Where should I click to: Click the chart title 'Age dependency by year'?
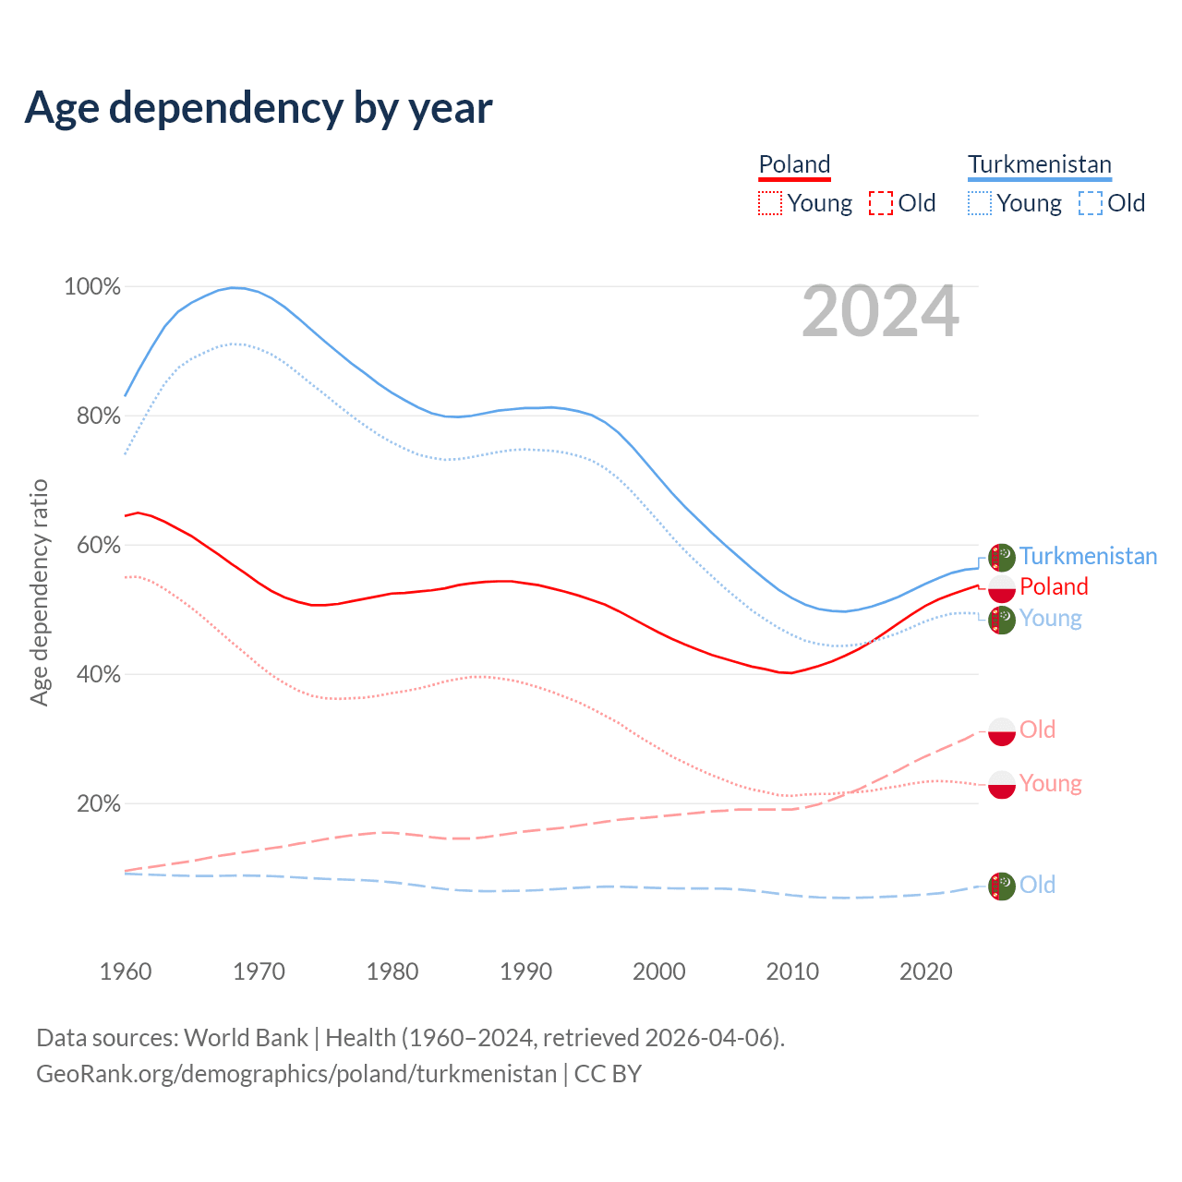pyautogui.click(x=259, y=107)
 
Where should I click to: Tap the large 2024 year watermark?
pyautogui.click(x=880, y=312)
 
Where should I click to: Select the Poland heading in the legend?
pyautogui.click(x=794, y=164)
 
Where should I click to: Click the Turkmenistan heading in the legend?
pyautogui.click(x=1039, y=164)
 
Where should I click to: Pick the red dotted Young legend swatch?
pyautogui.click(x=769, y=203)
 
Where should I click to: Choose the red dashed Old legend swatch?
pyautogui.click(x=880, y=203)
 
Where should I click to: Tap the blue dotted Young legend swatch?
pyautogui.click(x=980, y=203)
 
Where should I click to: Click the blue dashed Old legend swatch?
pyautogui.click(x=1090, y=203)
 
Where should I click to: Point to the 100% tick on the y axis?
pyautogui.click(x=92, y=287)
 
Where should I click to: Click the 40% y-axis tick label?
pyautogui.click(x=98, y=675)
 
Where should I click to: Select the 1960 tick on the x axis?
pyautogui.click(x=126, y=971)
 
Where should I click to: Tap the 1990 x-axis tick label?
pyautogui.click(x=525, y=971)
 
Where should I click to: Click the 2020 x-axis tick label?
pyautogui.click(x=925, y=971)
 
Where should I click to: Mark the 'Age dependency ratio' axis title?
pyautogui.click(x=39, y=592)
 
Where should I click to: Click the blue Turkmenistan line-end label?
pyautogui.click(x=1088, y=556)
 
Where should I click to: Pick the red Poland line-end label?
pyautogui.click(x=1054, y=586)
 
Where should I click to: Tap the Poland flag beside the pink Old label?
pyautogui.click(x=1002, y=731)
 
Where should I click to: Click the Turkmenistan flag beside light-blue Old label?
pyautogui.click(x=1002, y=886)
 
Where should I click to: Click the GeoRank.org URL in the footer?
pyautogui.click(x=296, y=1074)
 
